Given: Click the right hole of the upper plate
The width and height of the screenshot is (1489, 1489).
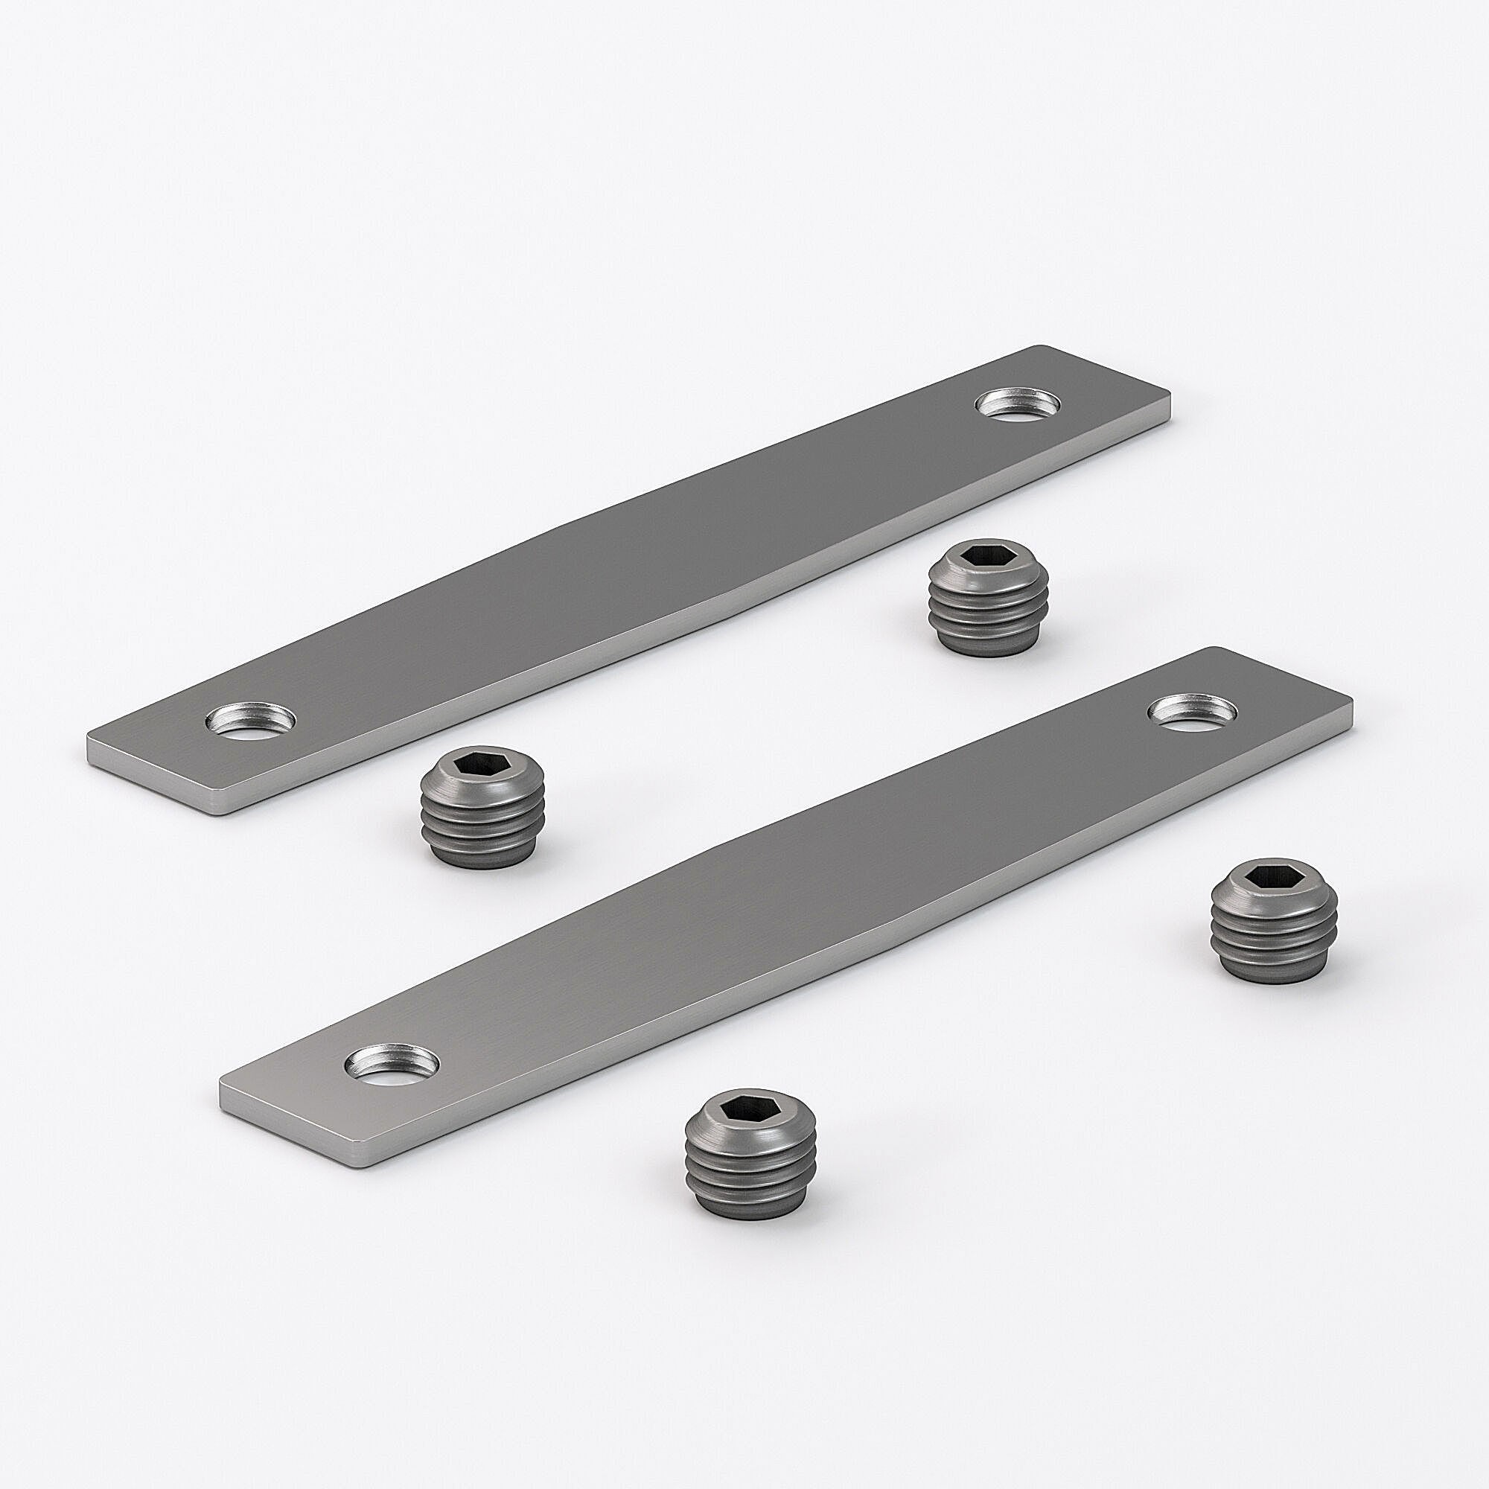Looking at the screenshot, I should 1018,404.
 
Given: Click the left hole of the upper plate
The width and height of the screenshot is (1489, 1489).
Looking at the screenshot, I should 251,720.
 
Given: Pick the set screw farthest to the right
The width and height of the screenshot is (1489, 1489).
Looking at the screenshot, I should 1273,920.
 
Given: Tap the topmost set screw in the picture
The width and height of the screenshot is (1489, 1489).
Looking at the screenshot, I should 989,597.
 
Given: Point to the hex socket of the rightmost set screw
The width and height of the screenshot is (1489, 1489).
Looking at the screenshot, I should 1272,876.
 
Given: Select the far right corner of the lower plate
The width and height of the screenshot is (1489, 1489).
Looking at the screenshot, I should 1351,700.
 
